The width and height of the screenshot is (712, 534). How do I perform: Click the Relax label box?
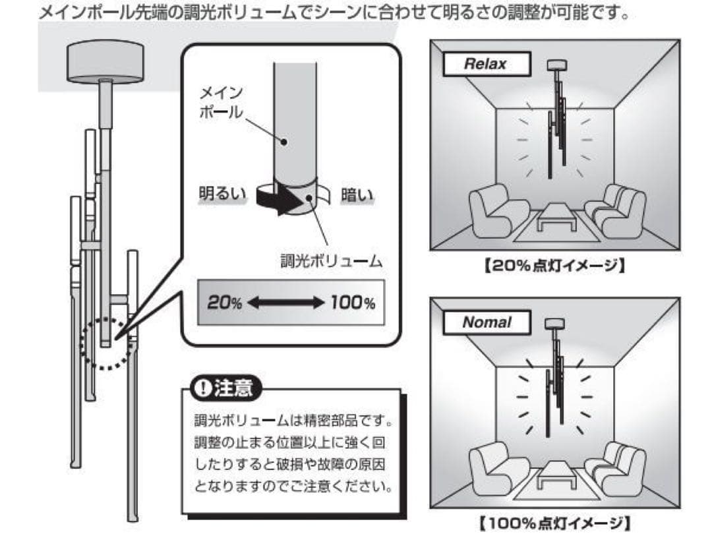485,64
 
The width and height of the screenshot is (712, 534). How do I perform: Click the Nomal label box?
487,322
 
